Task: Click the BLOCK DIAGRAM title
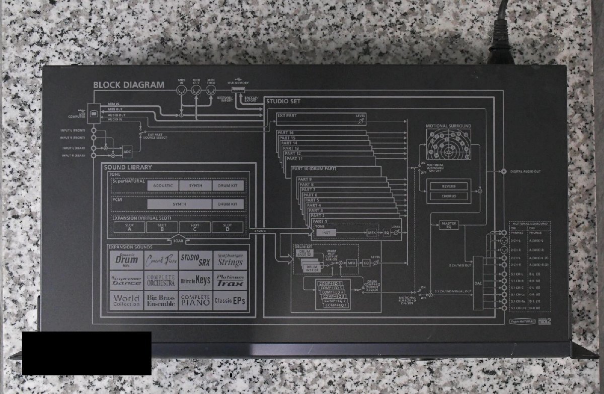coord(129,85)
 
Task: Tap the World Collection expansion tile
coord(126,301)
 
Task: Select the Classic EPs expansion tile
coord(230,301)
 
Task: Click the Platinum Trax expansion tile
coord(230,280)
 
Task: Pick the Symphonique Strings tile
coord(230,260)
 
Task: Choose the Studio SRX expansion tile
coord(195,260)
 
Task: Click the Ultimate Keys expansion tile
coord(195,280)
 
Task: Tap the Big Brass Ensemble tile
coord(161,301)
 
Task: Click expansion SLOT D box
coord(228,227)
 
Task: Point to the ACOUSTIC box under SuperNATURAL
coord(163,185)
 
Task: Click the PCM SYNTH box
coord(179,204)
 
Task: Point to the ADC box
coord(127,151)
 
